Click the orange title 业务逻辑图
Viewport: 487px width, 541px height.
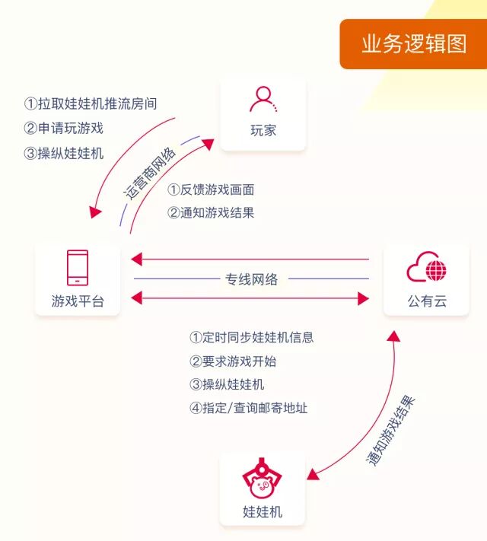click(414, 43)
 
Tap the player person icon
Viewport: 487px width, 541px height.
click(263, 100)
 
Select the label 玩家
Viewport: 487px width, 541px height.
click(263, 130)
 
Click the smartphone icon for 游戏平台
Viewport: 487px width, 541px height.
click(78, 268)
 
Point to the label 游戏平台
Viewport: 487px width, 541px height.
click(78, 302)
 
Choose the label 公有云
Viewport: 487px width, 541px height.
click(426, 302)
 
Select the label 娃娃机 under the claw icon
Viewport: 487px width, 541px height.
click(263, 511)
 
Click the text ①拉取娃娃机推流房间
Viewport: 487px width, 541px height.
click(91, 103)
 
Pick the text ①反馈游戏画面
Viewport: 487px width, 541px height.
click(211, 189)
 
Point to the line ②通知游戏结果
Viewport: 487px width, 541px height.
click(211, 213)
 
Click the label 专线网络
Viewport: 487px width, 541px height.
click(252, 279)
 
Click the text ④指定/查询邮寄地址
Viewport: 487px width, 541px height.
click(248, 408)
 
